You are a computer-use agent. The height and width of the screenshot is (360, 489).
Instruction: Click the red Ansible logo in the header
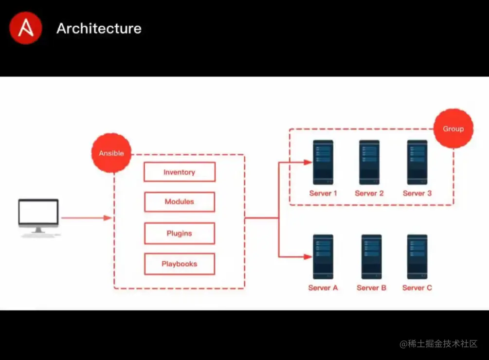tap(25, 28)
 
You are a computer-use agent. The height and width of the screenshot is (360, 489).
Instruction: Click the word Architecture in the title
tap(99, 28)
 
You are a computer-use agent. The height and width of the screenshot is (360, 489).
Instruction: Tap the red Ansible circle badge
tap(111, 153)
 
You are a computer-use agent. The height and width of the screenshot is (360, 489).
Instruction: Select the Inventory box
tap(179, 172)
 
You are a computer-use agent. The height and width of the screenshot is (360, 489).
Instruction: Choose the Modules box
tap(179, 202)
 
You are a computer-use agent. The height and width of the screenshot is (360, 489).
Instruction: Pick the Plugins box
tap(179, 234)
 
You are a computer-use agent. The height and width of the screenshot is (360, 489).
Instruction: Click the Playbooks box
tap(179, 264)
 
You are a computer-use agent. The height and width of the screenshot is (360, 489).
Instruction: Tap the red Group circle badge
tap(453, 129)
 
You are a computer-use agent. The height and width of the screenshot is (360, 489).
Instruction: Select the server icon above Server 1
tap(323, 162)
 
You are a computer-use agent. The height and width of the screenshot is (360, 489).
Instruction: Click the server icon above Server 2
tap(369, 162)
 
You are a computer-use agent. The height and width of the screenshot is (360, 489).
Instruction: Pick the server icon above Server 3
tap(417, 162)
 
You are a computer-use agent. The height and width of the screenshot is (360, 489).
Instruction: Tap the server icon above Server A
tap(323, 257)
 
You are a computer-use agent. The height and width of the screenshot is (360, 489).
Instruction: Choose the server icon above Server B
tap(371, 257)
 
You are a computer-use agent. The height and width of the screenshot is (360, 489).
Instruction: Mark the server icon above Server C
tap(417, 257)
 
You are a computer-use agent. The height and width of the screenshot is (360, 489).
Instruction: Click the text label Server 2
tap(369, 193)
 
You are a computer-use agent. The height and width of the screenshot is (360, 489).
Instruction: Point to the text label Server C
tap(417, 288)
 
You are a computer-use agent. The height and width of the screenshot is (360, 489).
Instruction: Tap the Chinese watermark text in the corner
tap(438, 344)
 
